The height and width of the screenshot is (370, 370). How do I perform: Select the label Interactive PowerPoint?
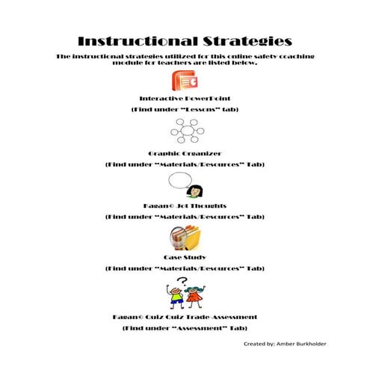[184, 99]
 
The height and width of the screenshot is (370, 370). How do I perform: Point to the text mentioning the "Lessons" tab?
[184, 109]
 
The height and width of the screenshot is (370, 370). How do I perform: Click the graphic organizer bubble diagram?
[184, 132]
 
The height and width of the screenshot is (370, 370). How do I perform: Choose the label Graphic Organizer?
[184, 152]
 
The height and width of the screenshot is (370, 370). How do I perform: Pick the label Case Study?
[184, 257]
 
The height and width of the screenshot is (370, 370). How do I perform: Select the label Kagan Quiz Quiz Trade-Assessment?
[184, 317]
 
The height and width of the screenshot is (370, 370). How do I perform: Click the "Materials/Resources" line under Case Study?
[184, 268]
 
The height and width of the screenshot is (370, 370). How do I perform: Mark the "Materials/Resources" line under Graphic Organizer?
[184, 163]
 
